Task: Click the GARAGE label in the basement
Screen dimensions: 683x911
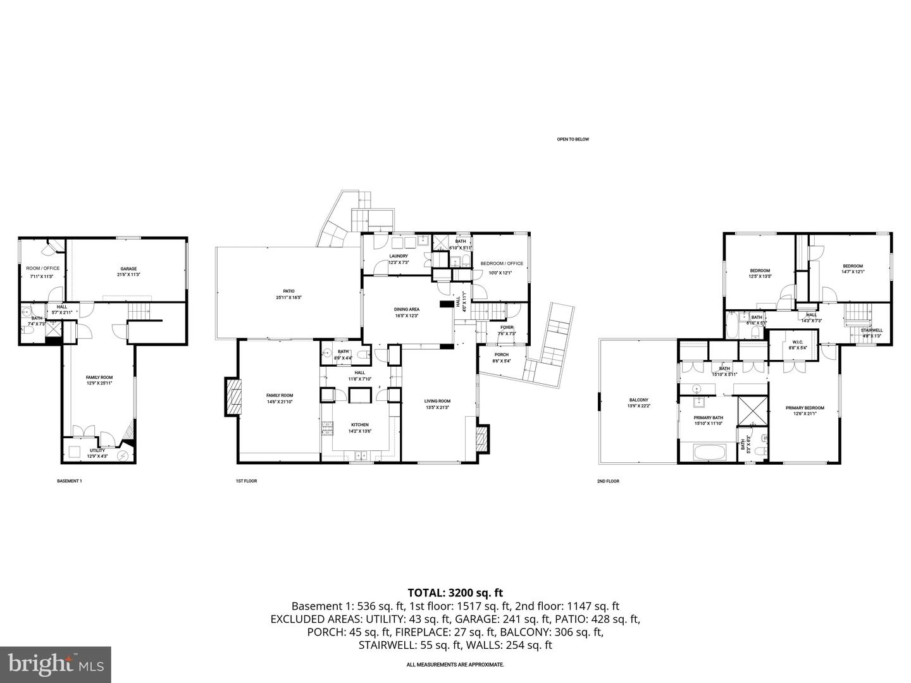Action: (128, 269)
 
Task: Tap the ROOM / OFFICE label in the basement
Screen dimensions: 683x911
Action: (43, 268)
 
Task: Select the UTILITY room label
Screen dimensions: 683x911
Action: (97, 451)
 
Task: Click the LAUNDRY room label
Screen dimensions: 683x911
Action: (398, 256)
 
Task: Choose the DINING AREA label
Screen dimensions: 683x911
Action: (407, 309)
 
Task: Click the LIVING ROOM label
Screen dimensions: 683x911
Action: (437, 401)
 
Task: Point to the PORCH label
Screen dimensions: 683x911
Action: (502, 355)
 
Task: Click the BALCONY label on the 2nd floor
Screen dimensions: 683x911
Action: (638, 400)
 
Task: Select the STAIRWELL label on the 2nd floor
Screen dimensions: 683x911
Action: (871, 330)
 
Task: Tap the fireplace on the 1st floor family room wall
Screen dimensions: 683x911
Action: (232, 397)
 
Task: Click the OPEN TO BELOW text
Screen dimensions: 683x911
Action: (573, 139)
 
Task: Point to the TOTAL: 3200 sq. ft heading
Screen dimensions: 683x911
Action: (455, 593)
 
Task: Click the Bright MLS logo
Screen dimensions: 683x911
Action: (56, 664)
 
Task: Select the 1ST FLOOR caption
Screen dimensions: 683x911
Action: (246, 481)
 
